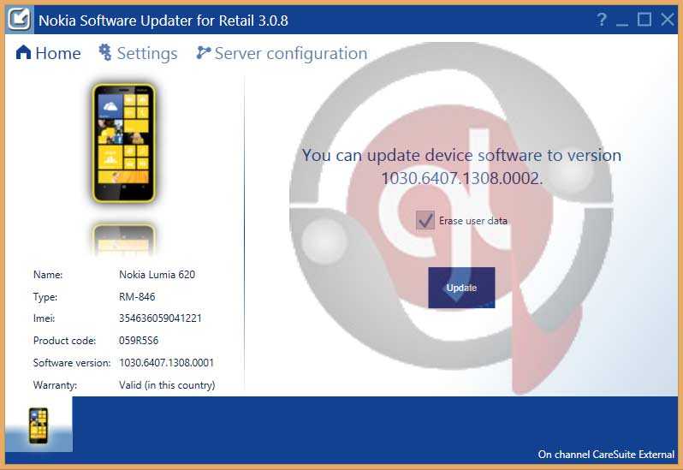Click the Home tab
[48, 53]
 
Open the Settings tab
[138, 53]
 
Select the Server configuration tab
[282, 53]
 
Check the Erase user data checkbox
[425, 220]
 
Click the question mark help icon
[601, 20]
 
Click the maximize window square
[644, 20]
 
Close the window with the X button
[668, 20]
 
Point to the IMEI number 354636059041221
[160, 318]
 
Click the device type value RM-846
[137, 296]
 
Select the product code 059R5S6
[139, 340]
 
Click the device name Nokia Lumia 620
[157, 275]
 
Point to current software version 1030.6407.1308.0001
[166, 362]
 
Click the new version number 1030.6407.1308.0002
[460, 178]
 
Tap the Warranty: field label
[55, 385]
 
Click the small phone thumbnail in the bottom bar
[39, 425]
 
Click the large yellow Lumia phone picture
[124, 143]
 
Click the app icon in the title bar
[19, 19]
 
